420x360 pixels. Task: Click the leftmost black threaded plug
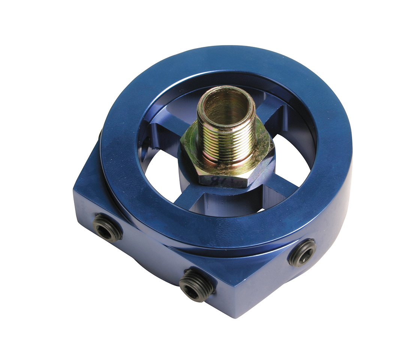(x=108, y=228)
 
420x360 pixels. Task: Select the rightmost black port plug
(x=302, y=253)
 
